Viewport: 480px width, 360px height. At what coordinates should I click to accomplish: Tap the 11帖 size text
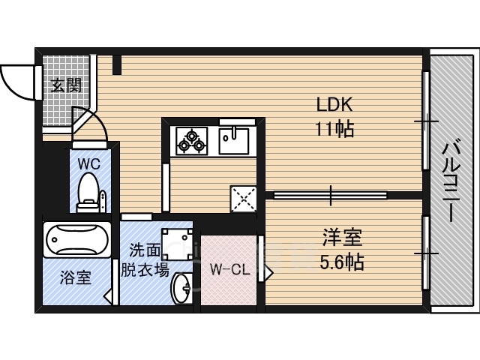334,128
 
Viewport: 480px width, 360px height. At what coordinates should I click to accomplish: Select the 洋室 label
341,239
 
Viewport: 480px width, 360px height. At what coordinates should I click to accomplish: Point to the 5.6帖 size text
341,262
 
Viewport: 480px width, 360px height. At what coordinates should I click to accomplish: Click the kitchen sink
235,139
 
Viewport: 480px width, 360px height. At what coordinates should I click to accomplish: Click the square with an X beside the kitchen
241,199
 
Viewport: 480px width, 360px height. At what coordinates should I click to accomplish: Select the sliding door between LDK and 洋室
330,195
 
